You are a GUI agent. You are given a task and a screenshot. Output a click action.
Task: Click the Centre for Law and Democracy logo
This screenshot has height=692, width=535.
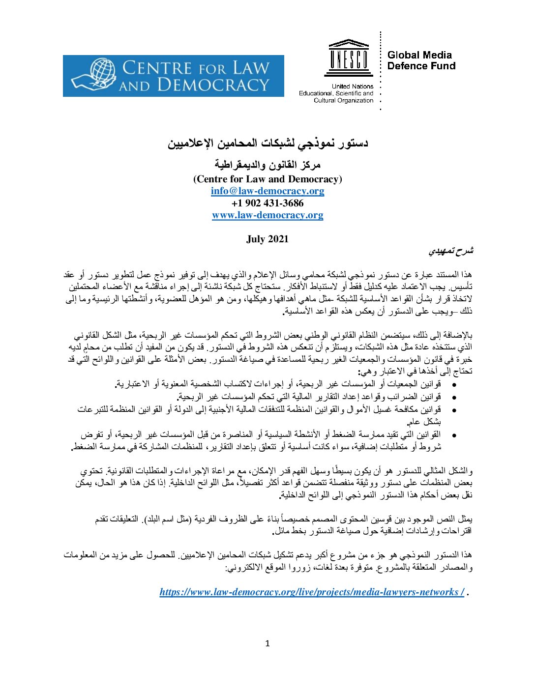[x=173, y=76]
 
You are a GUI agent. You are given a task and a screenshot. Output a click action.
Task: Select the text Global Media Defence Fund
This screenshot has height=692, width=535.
[x=421, y=60]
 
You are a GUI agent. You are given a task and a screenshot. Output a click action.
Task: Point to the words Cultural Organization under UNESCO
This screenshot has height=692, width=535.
[x=343, y=100]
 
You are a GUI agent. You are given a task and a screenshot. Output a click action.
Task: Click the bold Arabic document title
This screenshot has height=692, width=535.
[x=267, y=144]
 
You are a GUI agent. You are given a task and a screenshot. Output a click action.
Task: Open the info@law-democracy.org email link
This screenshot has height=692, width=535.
[x=267, y=191]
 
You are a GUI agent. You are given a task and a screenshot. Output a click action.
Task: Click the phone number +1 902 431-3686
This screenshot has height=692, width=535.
[x=267, y=203]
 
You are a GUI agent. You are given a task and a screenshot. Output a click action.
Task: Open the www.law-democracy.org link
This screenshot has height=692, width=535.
[x=267, y=215]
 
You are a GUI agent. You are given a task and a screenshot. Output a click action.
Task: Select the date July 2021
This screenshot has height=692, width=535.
[x=267, y=239]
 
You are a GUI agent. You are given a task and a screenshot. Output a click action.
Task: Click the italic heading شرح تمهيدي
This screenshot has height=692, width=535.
[x=450, y=251]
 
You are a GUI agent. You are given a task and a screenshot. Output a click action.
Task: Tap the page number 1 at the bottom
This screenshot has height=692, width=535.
[x=267, y=643]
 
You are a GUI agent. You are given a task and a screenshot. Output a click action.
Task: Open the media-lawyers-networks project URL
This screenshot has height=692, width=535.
[x=312, y=592]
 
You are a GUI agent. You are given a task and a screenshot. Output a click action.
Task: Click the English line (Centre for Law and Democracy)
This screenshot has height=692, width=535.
[x=267, y=179]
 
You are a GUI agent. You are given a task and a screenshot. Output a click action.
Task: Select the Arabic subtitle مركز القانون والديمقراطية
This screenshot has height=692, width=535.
[x=267, y=165]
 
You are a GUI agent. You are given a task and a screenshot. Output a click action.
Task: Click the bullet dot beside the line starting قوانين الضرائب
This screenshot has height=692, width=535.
[x=454, y=397]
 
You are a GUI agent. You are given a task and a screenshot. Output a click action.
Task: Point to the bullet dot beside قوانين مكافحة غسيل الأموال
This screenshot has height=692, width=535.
[x=454, y=410]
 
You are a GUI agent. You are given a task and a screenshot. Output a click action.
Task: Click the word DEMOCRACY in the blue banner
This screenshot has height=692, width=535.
[x=213, y=85]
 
